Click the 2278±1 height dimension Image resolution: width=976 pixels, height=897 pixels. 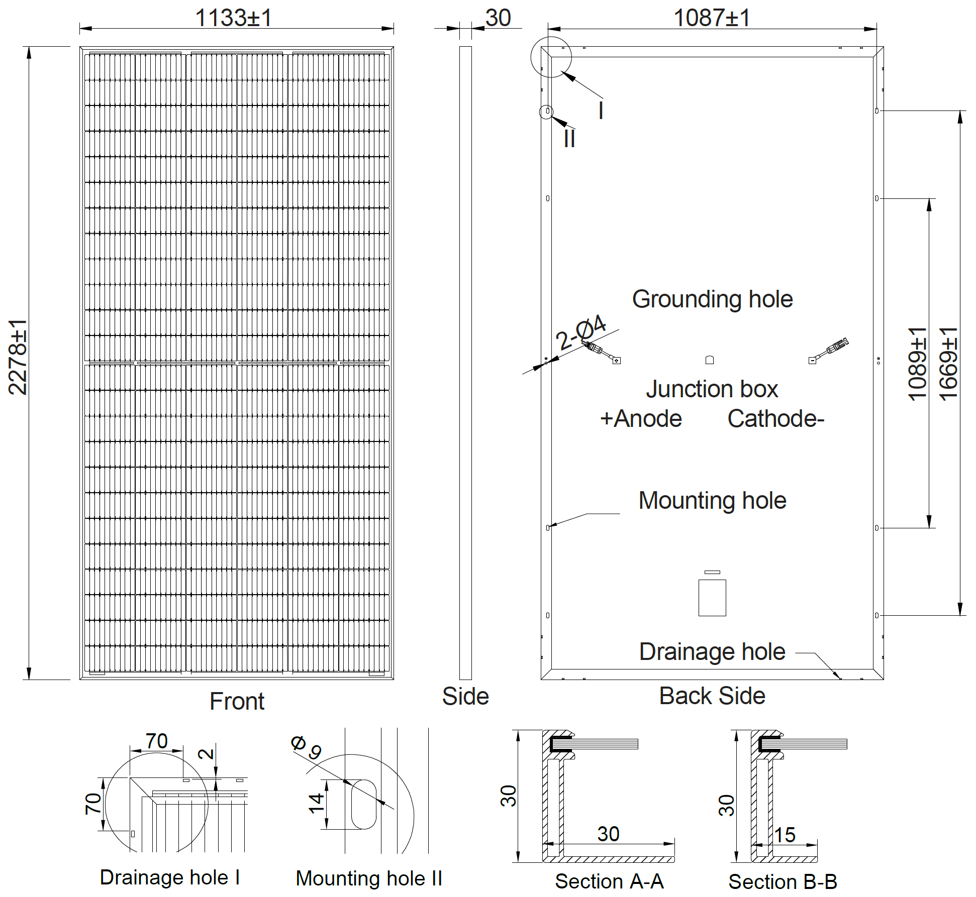click(18, 357)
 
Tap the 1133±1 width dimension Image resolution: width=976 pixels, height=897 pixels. click(234, 18)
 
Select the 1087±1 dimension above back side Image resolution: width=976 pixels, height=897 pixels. click(712, 18)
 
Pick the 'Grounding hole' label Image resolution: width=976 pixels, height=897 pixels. click(712, 299)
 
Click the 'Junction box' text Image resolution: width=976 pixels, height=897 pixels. click(712, 389)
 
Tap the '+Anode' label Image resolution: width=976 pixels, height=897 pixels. click(641, 419)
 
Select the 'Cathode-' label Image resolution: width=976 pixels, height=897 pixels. click(775, 419)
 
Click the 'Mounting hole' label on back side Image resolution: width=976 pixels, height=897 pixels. click(712, 501)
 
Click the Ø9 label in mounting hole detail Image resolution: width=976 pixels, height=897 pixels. click(306, 747)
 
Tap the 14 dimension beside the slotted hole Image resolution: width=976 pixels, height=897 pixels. click(316, 804)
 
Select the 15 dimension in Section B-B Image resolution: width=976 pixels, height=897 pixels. click(785, 835)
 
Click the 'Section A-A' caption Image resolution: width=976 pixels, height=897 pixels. click(609, 881)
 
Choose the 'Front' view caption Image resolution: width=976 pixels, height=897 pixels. click(237, 701)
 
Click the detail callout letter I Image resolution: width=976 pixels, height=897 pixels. click(601, 110)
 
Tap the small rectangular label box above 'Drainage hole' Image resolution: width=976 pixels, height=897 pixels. click(712, 598)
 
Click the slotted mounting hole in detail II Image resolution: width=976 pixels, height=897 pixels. click(363, 804)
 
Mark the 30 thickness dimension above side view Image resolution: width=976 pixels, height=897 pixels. click(498, 18)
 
